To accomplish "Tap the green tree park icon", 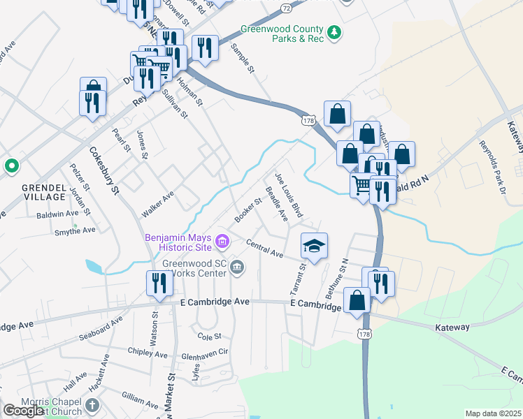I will (x=336, y=32).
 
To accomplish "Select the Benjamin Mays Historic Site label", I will (x=179, y=242).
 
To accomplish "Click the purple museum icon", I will (x=223, y=242).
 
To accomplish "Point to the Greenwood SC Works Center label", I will (x=194, y=269).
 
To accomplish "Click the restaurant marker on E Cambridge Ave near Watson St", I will (x=159, y=284).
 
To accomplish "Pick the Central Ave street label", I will (x=264, y=248).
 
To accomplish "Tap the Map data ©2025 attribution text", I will (x=493, y=413).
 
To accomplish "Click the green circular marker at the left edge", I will (x=11, y=166).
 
